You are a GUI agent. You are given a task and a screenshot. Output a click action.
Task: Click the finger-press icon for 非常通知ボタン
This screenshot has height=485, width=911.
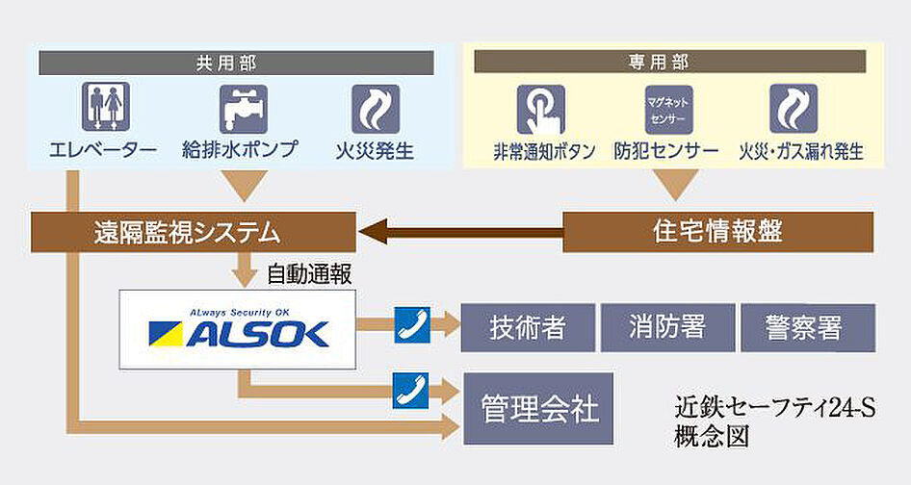pyautogui.click(x=541, y=109)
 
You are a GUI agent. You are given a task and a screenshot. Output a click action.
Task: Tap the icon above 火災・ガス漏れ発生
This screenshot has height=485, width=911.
pyautogui.click(x=794, y=109)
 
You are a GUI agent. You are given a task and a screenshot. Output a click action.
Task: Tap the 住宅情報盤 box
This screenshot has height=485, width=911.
pyautogui.click(x=717, y=232)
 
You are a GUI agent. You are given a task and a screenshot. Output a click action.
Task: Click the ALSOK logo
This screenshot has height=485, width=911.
pyautogui.click(x=238, y=328)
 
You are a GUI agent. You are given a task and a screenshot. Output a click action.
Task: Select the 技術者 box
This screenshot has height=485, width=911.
pyautogui.click(x=527, y=328)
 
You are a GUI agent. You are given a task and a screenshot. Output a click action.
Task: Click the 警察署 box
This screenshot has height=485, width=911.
pyautogui.click(x=806, y=328)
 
